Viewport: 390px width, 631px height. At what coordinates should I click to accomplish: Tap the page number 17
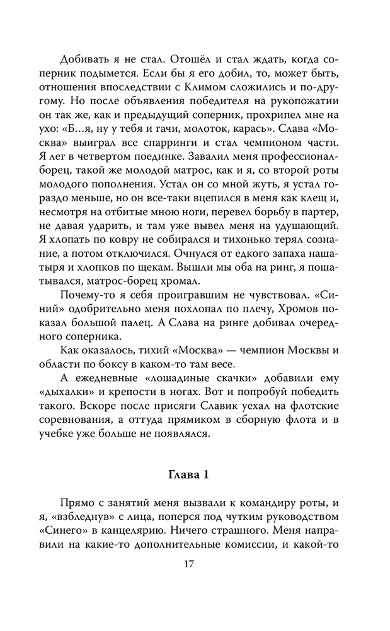tap(195, 563)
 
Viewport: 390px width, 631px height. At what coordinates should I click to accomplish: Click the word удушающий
tap(307, 234)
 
